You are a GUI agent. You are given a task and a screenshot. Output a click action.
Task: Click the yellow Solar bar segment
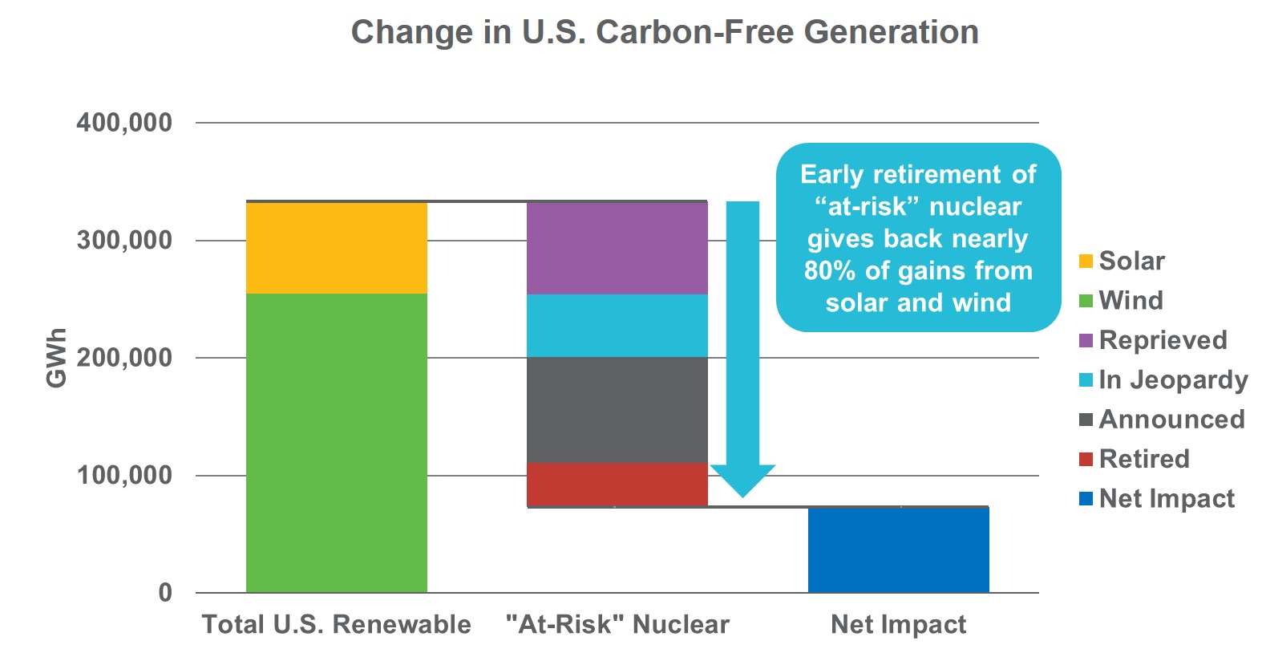click(x=336, y=248)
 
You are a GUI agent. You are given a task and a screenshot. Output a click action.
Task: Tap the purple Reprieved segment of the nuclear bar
click(x=617, y=248)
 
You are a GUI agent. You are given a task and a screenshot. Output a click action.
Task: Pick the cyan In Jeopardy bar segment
click(x=617, y=326)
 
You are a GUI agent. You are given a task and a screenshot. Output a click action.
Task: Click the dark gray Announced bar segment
click(x=617, y=410)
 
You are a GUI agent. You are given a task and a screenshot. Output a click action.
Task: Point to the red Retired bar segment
click(x=617, y=484)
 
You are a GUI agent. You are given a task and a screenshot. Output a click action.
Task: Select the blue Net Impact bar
click(x=898, y=550)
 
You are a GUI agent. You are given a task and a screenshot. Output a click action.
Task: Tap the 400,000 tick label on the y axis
click(x=124, y=123)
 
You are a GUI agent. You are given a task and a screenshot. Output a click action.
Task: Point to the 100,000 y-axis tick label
click(x=124, y=475)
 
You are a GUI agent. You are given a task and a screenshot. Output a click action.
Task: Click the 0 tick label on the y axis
click(x=165, y=593)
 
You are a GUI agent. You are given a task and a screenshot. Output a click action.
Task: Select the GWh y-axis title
click(x=56, y=358)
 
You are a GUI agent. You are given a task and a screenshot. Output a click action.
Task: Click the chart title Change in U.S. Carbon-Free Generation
click(x=665, y=32)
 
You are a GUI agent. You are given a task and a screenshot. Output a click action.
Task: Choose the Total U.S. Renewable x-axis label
click(x=336, y=624)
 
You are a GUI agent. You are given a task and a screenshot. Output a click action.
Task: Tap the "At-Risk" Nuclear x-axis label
click(x=617, y=624)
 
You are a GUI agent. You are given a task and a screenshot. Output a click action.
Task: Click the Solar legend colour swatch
click(x=1086, y=262)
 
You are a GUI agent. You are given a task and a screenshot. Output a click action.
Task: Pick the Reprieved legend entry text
click(x=1163, y=340)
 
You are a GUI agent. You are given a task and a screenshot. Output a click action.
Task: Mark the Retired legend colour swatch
click(x=1086, y=460)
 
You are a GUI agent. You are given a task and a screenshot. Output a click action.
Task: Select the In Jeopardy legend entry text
click(x=1173, y=379)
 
